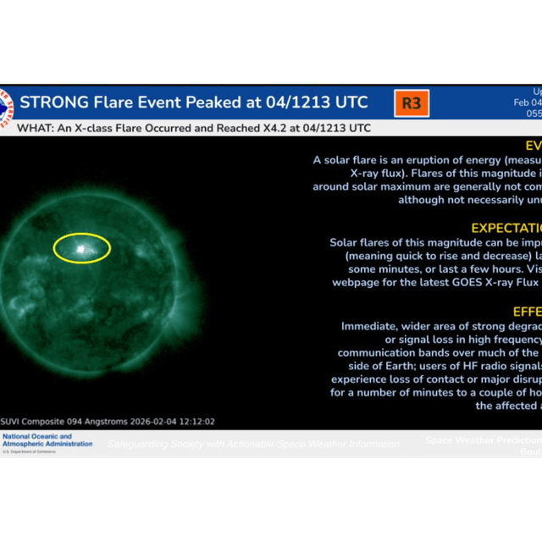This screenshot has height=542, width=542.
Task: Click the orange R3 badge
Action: coord(412,103)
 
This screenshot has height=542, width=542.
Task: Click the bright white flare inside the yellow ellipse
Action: coord(81,249)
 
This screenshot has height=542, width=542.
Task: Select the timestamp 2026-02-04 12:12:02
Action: coord(166,421)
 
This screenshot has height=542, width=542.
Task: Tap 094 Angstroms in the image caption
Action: coord(92,421)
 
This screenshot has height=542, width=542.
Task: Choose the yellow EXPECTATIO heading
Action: coord(506,228)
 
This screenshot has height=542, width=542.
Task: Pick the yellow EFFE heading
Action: coord(526,311)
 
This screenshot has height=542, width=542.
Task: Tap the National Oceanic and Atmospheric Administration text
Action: coord(47,440)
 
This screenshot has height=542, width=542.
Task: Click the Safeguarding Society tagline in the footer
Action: coord(253,444)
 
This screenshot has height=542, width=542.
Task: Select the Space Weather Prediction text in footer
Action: coord(483,440)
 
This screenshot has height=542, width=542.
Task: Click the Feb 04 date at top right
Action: coord(528,102)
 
